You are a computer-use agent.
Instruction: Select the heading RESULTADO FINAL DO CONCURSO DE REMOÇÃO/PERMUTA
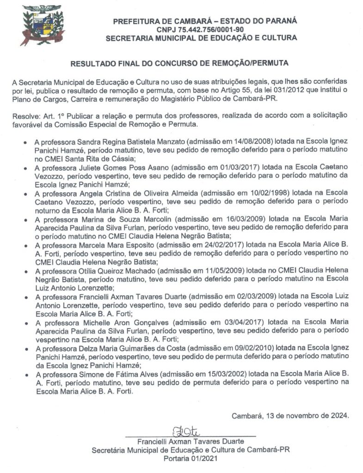coord(181,61)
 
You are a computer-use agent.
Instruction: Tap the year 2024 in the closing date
coord(339,415)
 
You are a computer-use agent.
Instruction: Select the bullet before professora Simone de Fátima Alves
coord(26,374)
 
